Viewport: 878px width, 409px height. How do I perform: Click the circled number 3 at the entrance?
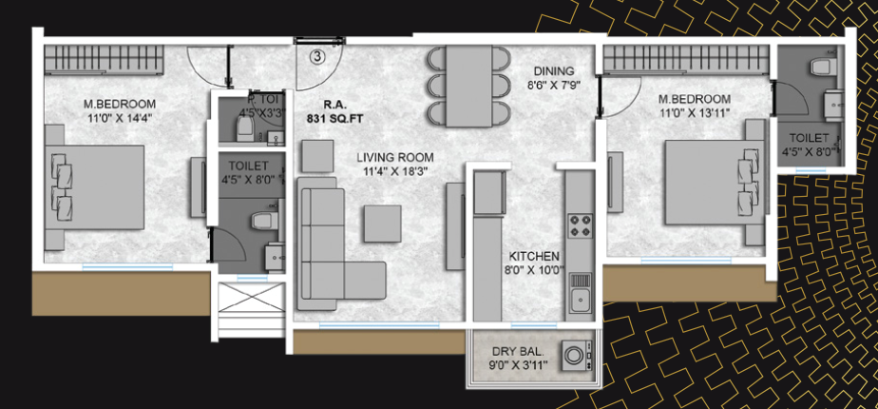[317, 56]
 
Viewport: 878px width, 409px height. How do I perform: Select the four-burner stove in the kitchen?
[579, 225]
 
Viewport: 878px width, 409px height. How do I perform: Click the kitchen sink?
[579, 296]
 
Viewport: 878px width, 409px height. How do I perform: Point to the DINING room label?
[554, 71]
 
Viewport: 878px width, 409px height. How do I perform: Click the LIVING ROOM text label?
[395, 158]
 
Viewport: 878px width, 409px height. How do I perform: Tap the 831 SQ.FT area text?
[335, 119]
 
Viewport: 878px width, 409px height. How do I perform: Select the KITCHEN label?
[534, 256]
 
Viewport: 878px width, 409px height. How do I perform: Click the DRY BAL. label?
[519, 353]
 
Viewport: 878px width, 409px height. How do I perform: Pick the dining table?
[469, 87]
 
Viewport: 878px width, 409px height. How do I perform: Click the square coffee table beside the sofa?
[382, 223]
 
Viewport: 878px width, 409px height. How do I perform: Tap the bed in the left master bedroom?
[94, 187]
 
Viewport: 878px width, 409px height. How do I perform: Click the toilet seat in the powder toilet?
[245, 130]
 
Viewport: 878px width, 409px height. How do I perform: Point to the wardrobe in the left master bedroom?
[105, 59]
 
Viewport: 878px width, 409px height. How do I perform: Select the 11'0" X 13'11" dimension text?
[695, 111]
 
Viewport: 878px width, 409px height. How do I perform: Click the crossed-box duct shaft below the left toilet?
[251, 297]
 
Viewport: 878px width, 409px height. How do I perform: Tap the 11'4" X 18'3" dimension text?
[395, 171]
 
